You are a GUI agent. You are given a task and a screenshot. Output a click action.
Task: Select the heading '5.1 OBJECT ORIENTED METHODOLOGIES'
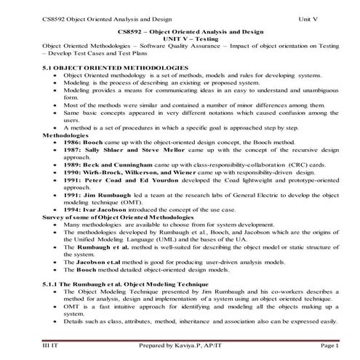tap(97, 67)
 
